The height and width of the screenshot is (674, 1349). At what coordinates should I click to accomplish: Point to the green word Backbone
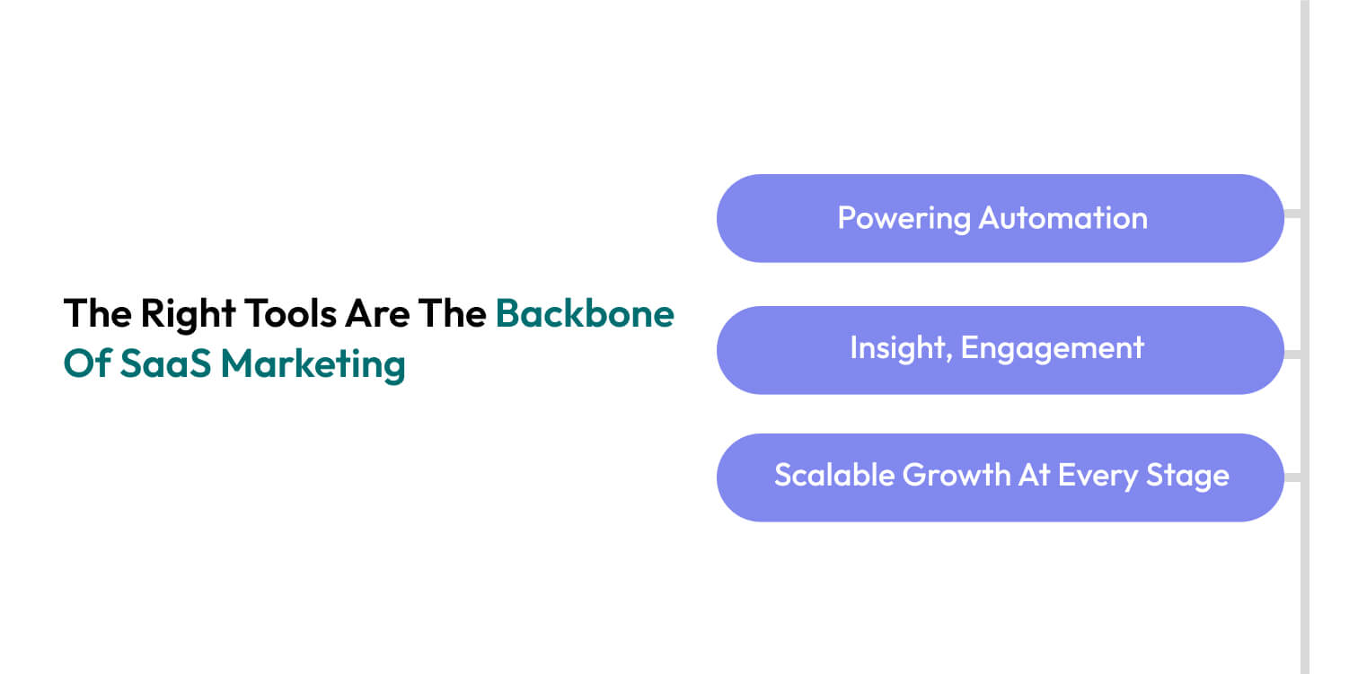(x=585, y=313)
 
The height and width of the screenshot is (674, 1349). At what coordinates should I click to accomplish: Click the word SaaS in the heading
(x=165, y=364)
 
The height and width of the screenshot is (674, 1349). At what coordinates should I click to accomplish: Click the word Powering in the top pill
(x=904, y=218)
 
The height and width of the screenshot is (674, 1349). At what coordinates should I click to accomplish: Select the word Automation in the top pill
(x=1062, y=218)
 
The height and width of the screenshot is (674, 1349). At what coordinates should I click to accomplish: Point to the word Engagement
(x=1053, y=348)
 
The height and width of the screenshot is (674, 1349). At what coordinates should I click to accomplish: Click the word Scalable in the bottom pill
(x=833, y=475)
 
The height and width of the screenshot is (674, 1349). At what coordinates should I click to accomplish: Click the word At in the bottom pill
(x=1034, y=475)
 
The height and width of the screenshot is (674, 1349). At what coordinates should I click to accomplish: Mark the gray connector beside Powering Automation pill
(x=1292, y=214)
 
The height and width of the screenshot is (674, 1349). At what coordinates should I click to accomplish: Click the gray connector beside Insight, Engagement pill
(x=1292, y=354)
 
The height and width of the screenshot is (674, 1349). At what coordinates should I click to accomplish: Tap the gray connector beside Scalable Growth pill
(x=1292, y=477)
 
